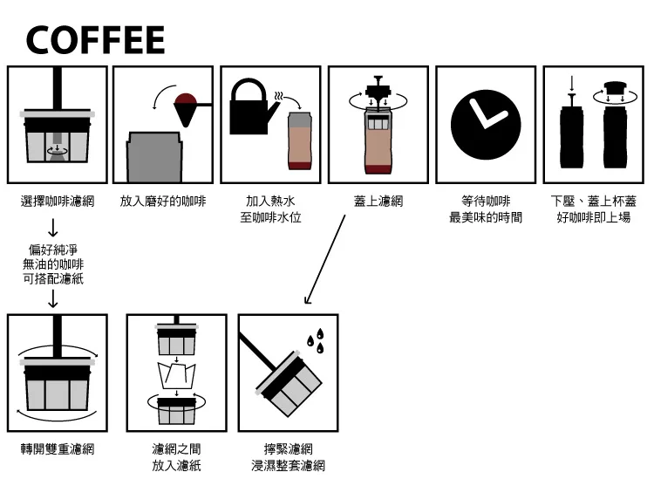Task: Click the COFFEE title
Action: point(96,39)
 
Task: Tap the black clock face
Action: point(486,125)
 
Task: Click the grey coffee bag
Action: point(154,157)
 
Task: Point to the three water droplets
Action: point(317,341)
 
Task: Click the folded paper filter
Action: point(176,375)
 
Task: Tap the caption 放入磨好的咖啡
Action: point(163,202)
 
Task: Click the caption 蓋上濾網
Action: point(378,202)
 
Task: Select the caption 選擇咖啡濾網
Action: point(58,202)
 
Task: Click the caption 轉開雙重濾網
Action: point(58,449)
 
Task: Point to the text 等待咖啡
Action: point(486,202)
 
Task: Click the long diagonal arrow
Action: point(325,259)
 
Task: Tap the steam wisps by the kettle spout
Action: point(278,96)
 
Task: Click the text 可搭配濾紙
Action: point(53,278)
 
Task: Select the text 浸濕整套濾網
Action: point(289,466)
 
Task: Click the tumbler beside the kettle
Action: point(299,140)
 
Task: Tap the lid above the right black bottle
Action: point(616,88)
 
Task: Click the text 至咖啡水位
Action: point(270,217)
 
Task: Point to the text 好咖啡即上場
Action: point(594,217)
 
